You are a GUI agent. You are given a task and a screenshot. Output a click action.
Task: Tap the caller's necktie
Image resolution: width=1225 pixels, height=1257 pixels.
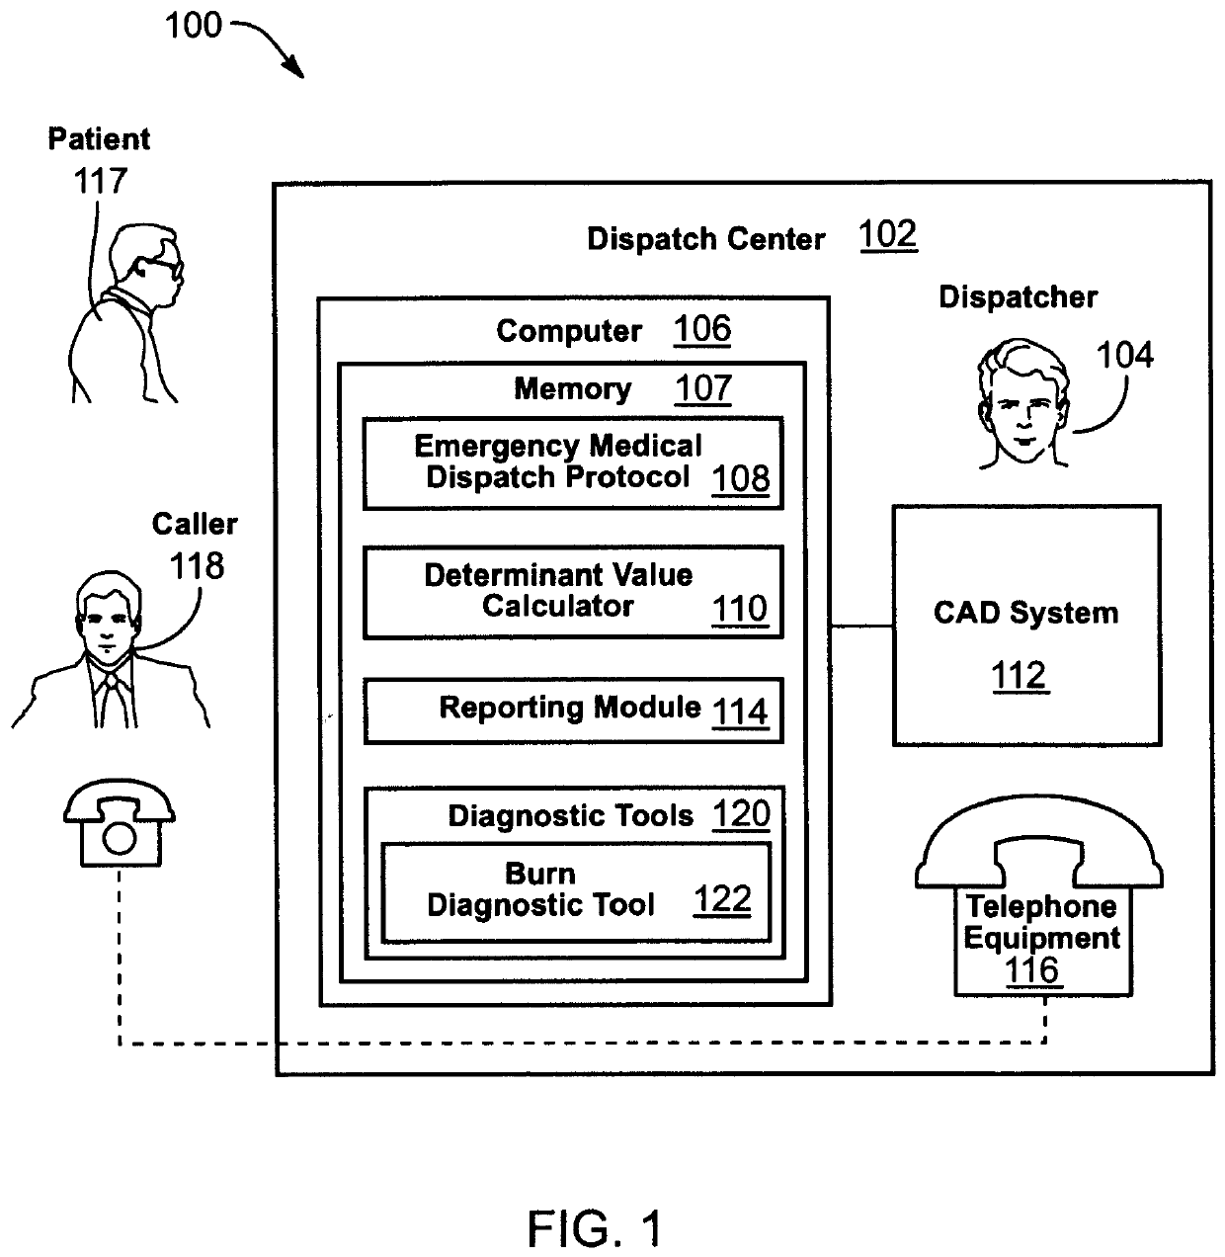click(112, 700)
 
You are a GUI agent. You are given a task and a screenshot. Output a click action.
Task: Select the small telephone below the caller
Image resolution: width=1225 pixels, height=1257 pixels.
click(119, 821)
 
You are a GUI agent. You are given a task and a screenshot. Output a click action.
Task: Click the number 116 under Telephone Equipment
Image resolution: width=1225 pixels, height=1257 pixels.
click(1032, 970)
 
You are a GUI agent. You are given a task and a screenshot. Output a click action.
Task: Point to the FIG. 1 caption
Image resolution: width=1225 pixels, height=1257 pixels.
click(595, 1228)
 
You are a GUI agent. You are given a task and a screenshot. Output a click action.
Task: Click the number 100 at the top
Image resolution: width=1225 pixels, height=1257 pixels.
click(193, 26)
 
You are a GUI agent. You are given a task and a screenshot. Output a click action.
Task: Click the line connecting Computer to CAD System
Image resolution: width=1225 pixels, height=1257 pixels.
click(861, 626)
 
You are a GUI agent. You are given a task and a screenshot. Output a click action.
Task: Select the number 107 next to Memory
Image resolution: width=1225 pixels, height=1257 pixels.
click(702, 388)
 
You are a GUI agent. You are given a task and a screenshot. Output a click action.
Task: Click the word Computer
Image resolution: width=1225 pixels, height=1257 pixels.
click(568, 331)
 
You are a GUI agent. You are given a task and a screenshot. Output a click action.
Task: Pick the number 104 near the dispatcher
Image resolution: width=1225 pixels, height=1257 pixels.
click(1124, 356)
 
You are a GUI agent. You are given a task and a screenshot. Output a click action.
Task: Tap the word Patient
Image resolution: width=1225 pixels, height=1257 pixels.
click(99, 139)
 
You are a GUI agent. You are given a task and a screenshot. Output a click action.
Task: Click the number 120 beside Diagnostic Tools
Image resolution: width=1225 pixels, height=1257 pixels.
click(741, 814)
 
